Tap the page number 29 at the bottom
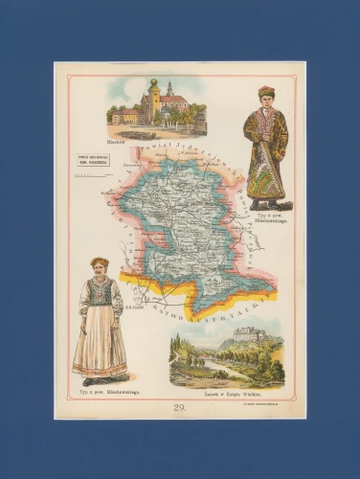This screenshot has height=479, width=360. coord(178,406)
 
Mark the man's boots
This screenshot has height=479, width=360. coord(267,203)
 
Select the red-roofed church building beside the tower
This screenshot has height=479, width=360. coord(172,107)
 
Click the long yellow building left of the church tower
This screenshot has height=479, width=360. coord(126,116)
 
